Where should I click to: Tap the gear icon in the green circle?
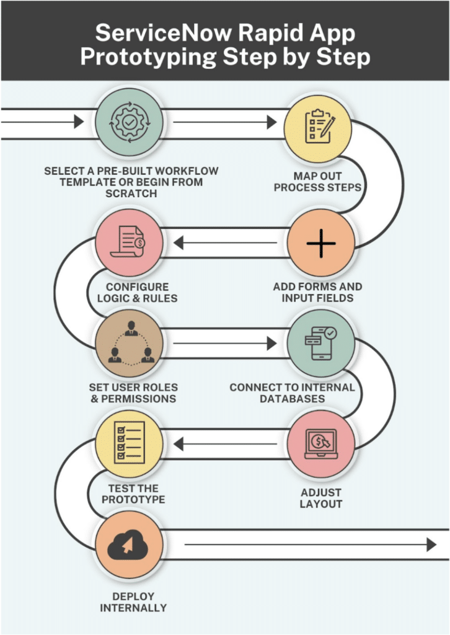point(130,122)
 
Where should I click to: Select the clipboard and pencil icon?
point(320,126)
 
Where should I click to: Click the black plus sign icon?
point(321,243)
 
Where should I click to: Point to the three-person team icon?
point(131,343)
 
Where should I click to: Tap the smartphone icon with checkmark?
point(320,344)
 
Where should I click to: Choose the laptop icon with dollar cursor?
point(321,443)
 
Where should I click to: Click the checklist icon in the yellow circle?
point(129,442)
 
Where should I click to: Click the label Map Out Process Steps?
point(318,182)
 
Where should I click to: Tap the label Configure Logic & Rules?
point(137,293)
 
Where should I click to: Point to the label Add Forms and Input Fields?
point(318,292)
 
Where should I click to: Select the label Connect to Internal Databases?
point(292,393)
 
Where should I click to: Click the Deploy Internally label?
point(133,602)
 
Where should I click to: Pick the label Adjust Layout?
point(321,498)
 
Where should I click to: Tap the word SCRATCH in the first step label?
point(131,193)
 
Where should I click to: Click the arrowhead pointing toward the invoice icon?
point(179,243)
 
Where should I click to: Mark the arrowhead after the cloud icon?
point(431,544)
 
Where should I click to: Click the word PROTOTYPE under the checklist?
point(133,499)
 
